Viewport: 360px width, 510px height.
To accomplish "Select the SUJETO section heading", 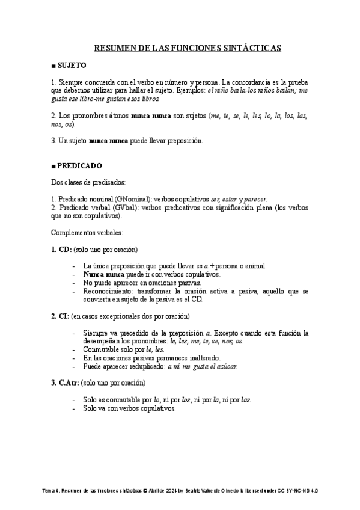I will [72, 65].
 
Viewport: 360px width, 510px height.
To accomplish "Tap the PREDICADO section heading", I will [79, 165].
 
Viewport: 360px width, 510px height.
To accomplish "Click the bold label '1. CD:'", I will [61, 249].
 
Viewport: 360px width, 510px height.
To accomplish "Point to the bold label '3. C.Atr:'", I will [65, 382].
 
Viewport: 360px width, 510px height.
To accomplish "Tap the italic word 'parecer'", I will [255, 198].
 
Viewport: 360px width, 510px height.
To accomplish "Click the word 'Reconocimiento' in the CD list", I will [109, 290].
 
